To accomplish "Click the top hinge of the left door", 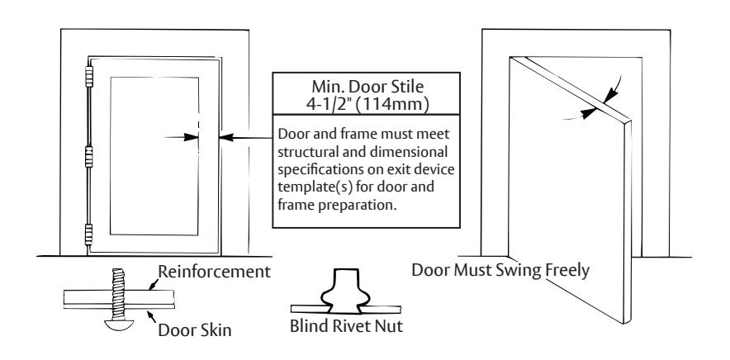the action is click(89, 77).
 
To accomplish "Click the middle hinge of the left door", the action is click(89, 157).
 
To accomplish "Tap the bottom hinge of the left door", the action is click(88, 234).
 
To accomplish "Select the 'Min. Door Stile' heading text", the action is click(367, 87).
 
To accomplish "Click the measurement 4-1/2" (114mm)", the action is click(367, 104).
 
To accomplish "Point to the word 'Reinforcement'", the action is click(214, 271).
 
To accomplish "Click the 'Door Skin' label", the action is click(195, 329).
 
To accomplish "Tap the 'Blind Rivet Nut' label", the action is click(346, 326).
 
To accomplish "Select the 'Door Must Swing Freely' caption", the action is click(500, 270).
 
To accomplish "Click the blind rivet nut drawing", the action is click(346, 291).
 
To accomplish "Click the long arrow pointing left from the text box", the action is click(245, 137).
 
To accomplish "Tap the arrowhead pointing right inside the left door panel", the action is click(191, 137).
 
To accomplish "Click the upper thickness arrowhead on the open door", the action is click(610, 96).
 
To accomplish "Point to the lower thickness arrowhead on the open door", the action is click(590, 112).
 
